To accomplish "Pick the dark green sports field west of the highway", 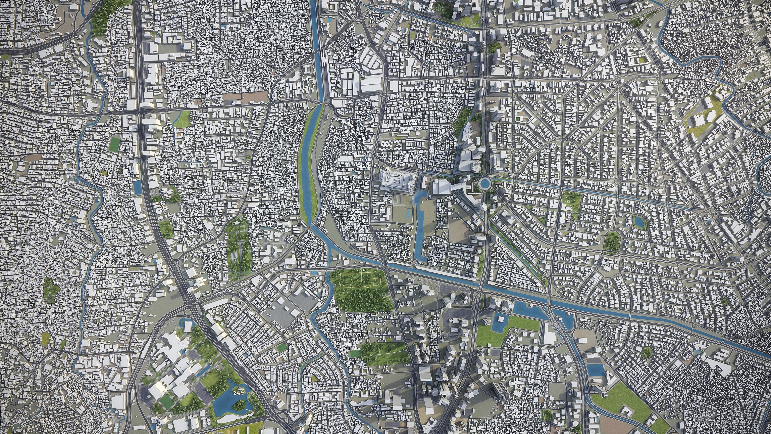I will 113,144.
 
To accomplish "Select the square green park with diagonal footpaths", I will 571,200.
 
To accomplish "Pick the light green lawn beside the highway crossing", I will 182,119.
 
